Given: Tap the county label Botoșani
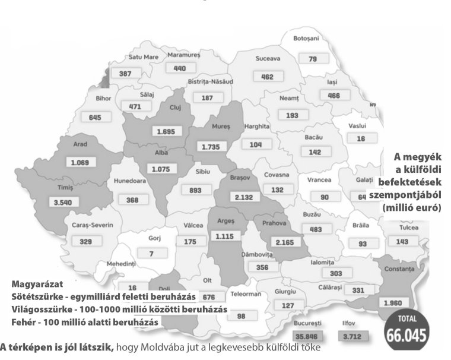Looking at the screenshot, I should coord(306,39).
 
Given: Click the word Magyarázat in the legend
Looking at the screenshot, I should coord(36,285).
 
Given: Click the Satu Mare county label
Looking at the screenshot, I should coord(143,57).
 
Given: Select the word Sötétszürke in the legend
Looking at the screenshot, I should coord(37,296).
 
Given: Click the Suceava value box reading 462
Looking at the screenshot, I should coord(268,77).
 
